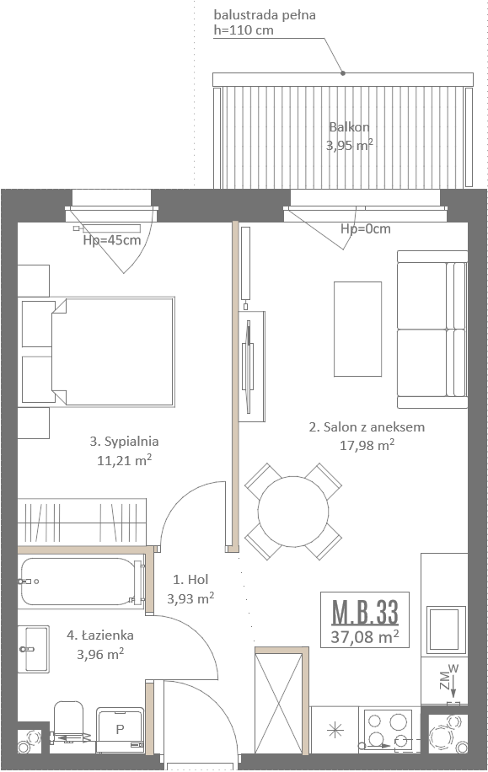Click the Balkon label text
click(349, 127)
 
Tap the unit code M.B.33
click(365, 612)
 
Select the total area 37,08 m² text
click(364, 636)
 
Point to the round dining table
click(293, 511)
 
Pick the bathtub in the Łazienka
click(82, 582)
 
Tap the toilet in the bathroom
click(68, 721)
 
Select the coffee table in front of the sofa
click(357, 329)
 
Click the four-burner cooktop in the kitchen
click(389, 730)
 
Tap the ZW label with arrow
click(449, 682)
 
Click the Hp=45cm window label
click(112, 240)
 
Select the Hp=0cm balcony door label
click(366, 229)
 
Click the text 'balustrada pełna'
click(265, 15)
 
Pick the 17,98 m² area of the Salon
click(367, 445)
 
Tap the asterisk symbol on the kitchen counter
click(335, 730)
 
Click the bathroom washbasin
click(34, 650)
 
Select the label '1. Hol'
click(190, 580)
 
